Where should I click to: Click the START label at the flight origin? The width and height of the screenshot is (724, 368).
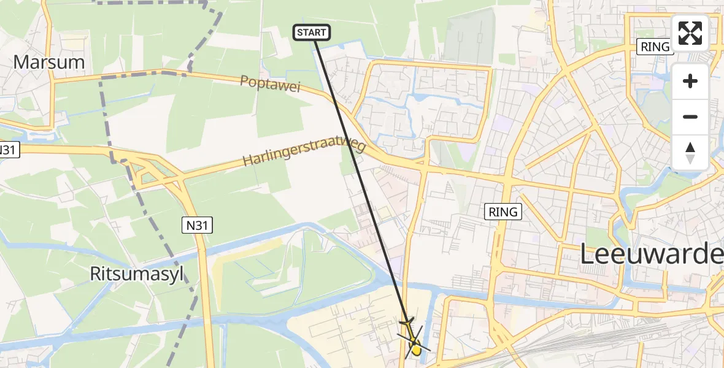coord(312,33)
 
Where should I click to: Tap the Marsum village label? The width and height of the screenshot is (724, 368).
coord(48,62)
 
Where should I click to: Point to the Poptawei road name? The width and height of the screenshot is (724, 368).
coord(271,85)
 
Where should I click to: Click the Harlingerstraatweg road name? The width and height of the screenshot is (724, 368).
coord(304,153)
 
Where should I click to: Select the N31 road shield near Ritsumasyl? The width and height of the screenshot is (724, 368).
coord(198,226)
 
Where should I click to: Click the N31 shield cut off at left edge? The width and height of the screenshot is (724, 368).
coord(9,150)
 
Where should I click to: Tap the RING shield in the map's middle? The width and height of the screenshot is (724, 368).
coord(504,212)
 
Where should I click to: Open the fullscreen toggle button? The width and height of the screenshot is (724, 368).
coord(690,33)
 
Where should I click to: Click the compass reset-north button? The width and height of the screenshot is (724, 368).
coord(690,153)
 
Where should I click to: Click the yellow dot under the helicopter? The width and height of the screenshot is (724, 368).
coord(417,350)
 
